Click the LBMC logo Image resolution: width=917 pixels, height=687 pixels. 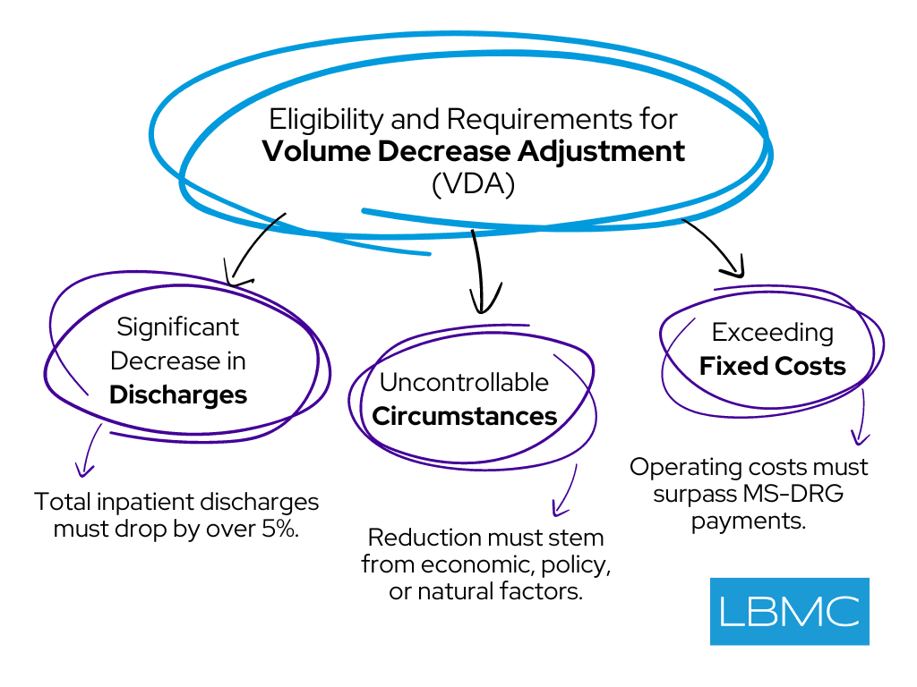pos(789,611)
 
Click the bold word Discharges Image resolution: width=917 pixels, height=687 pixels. pos(178,394)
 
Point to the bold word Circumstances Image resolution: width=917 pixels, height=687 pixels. pos(465,416)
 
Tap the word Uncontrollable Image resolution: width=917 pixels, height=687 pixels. pos(464,382)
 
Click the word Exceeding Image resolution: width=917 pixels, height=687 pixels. pos(772,333)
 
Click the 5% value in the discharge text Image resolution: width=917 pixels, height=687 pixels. pos(280,528)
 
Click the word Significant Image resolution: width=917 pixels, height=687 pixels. pos(178,327)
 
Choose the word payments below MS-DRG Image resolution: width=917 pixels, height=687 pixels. pos(749,521)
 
